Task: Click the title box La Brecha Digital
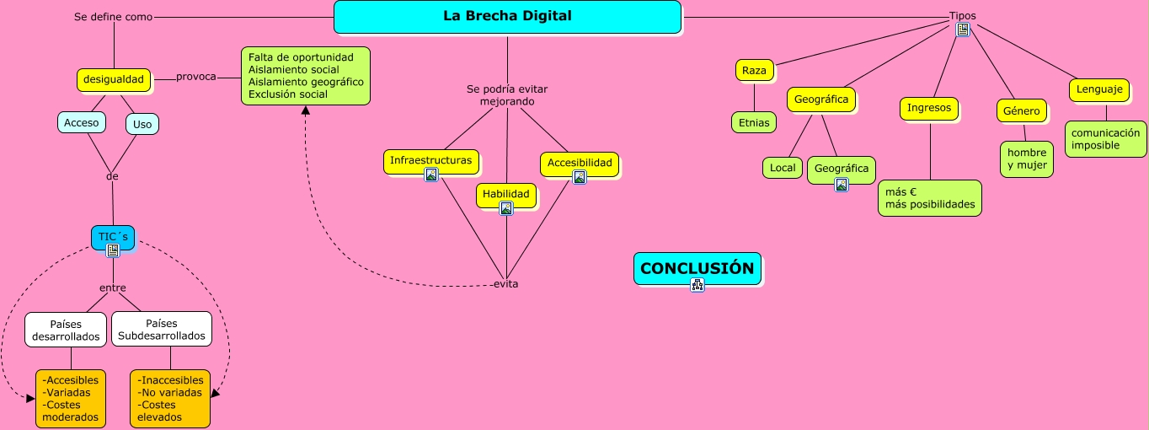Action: click(x=507, y=17)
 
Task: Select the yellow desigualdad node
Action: click(x=115, y=80)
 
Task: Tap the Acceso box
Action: click(x=82, y=123)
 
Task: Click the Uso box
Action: click(x=142, y=125)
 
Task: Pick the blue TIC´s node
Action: click(x=113, y=237)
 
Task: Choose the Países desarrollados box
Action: click(x=66, y=330)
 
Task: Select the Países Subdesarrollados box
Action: click(x=162, y=330)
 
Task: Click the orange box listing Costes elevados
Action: click(x=170, y=398)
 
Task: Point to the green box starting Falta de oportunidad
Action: click(x=306, y=76)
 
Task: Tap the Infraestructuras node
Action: click(x=431, y=160)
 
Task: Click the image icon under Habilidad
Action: click(x=506, y=209)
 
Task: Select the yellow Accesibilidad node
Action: click(x=580, y=163)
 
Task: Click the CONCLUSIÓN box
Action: click(x=697, y=268)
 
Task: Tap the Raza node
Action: click(x=754, y=71)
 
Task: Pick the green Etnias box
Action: click(x=753, y=122)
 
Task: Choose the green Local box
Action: click(x=783, y=168)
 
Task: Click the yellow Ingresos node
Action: click(x=929, y=108)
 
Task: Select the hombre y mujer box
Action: click(x=1027, y=159)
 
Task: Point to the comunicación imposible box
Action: click(x=1105, y=139)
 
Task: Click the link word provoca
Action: click(x=196, y=77)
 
